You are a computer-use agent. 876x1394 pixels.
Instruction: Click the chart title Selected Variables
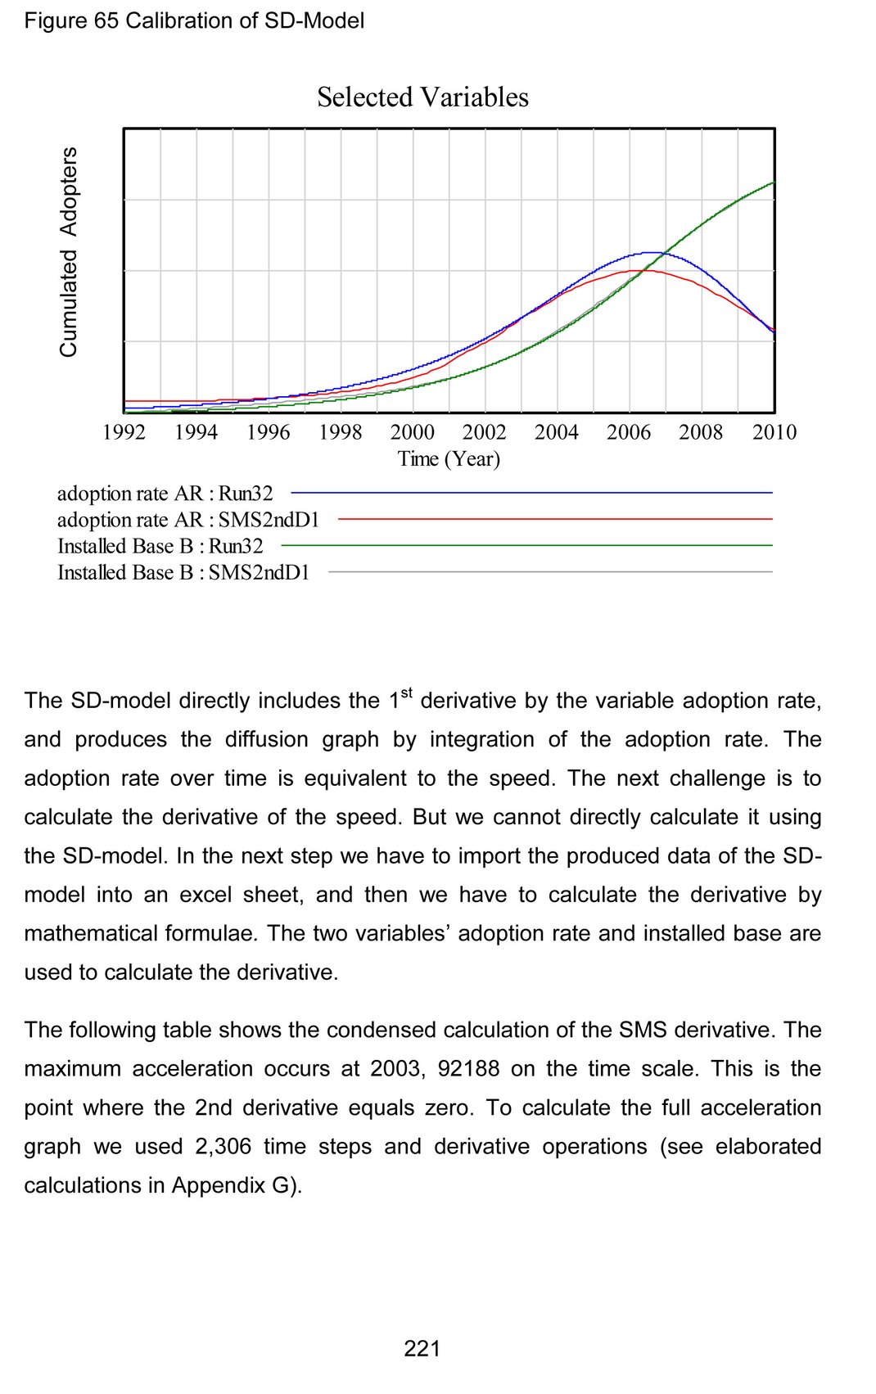click(422, 97)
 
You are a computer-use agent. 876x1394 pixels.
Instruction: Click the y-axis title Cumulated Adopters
click(69, 251)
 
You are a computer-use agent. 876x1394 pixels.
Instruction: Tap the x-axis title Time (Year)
click(449, 458)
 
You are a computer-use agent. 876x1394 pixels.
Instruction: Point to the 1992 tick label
click(124, 432)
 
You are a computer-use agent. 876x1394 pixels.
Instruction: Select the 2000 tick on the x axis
click(412, 432)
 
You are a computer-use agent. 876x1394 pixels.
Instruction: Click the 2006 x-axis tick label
click(629, 432)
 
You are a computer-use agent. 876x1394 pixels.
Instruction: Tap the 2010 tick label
click(774, 432)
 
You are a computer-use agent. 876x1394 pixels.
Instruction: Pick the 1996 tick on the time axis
click(268, 432)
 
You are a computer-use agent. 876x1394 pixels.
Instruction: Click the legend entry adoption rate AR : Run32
click(165, 494)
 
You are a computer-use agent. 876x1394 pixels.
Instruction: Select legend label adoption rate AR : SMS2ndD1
click(187, 520)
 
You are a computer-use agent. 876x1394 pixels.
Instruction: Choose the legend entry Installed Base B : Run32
click(160, 546)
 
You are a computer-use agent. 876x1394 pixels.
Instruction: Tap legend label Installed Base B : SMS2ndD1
click(183, 572)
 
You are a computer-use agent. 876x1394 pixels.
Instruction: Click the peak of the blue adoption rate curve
click(652, 253)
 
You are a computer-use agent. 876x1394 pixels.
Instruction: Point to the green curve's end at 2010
click(773, 183)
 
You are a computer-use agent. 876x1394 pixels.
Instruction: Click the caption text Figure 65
click(71, 20)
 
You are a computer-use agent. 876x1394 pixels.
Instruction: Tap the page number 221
click(422, 1348)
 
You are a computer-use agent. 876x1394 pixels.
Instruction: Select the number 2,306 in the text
click(223, 1146)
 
